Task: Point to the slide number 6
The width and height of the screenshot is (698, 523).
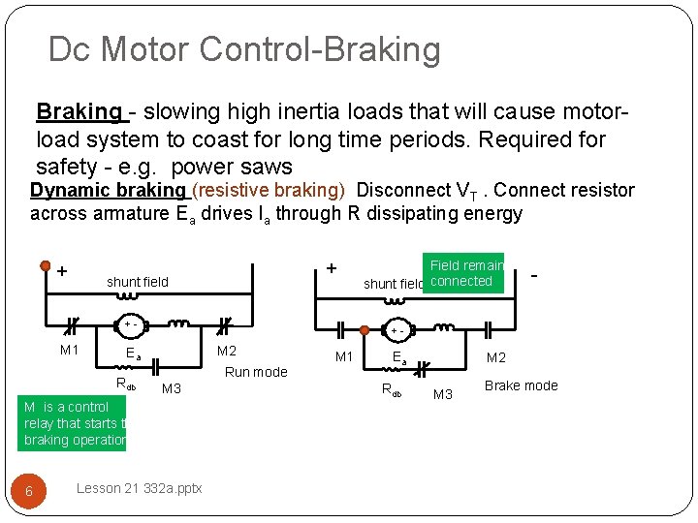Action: (x=29, y=491)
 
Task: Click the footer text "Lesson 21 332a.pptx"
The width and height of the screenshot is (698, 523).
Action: (x=138, y=488)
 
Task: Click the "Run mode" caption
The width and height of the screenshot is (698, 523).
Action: (x=256, y=372)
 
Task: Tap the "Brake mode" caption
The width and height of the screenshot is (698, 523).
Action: (x=521, y=385)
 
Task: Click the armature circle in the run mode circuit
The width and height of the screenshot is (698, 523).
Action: (x=129, y=323)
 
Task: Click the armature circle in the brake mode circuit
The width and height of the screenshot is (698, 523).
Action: (x=399, y=330)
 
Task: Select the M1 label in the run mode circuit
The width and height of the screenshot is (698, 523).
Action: (x=69, y=350)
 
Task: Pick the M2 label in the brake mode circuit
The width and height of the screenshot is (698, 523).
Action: (x=496, y=357)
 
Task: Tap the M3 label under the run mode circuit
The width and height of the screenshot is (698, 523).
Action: (x=173, y=388)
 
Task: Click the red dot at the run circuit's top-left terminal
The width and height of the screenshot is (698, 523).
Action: (x=46, y=265)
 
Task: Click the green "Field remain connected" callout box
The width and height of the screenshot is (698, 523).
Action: (x=465, y=273)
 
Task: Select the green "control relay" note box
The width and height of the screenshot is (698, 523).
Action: (x=74, y=423)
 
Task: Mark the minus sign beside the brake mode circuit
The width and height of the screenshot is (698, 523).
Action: (x=535, y=276)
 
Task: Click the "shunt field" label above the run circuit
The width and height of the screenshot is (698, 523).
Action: (x=137, y=282)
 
